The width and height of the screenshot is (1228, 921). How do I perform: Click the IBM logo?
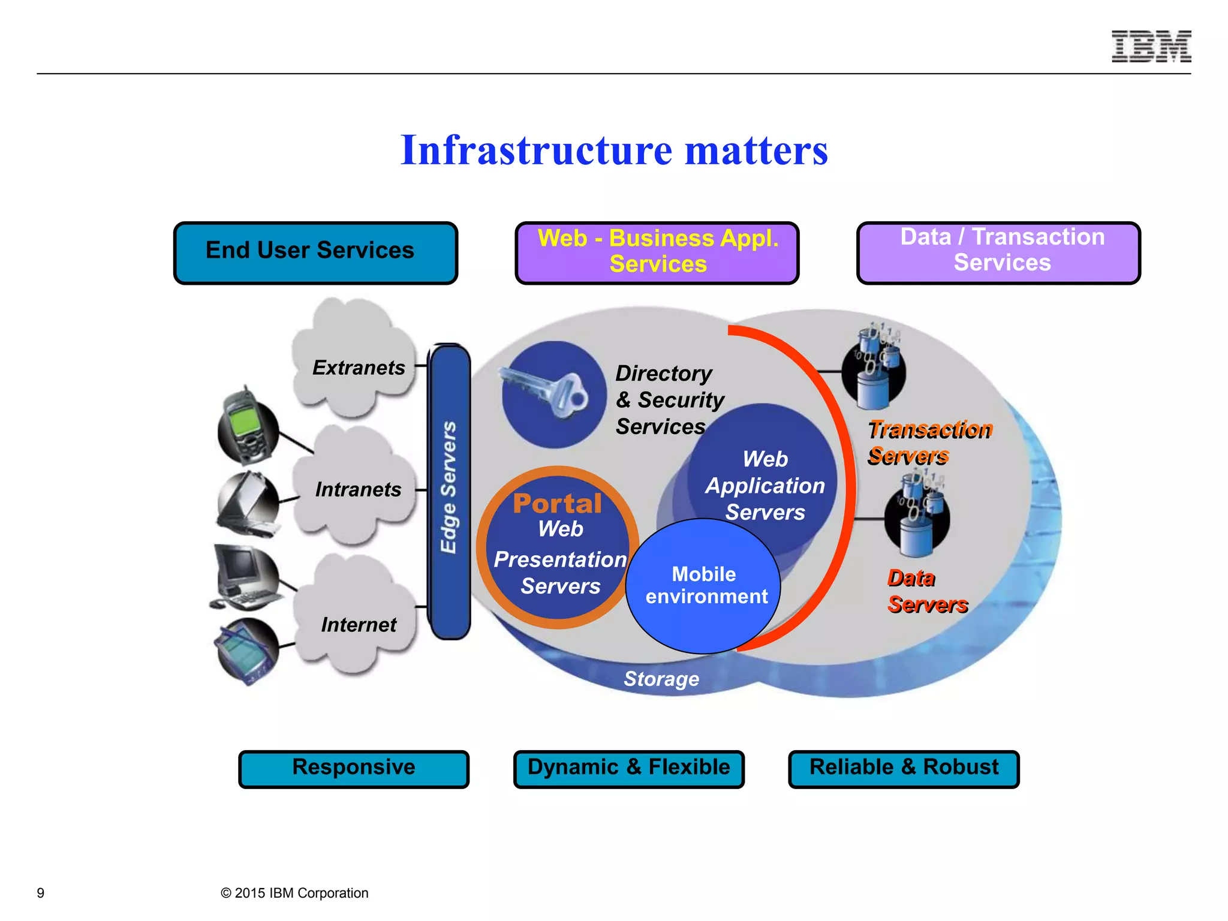click(x=1151, y=46)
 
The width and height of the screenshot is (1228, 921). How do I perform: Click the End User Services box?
click(x=315, y=252)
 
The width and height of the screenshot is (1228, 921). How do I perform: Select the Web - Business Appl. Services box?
click(x=657, y=252)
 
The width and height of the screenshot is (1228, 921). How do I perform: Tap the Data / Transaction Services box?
click(x=998, y=252)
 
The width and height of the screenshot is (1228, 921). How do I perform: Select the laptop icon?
click(x=248, y=504)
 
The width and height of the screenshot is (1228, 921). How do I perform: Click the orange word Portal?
click(x=557, y=504)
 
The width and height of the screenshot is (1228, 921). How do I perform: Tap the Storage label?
click(x=661, y=679)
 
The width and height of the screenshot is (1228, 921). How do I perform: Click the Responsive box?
click(x=354, y=769)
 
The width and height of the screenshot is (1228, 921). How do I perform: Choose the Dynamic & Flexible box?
click(x=628, y=769)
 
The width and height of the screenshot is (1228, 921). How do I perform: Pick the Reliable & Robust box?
click(x=904, y=769)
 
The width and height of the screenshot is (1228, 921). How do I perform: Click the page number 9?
click(x=41, y=893)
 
